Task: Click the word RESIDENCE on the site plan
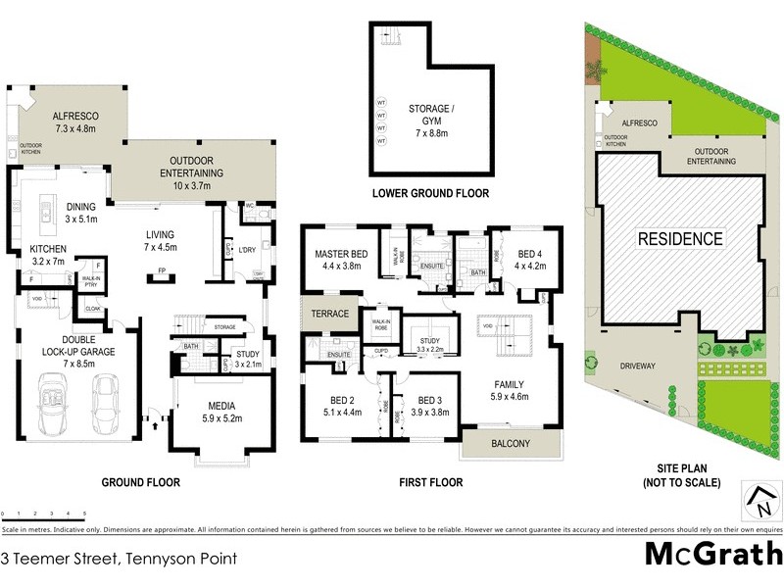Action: tap(680, 238)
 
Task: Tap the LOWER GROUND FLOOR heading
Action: tap(431, 193)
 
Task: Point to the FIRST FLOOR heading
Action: tap(430, 482)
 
